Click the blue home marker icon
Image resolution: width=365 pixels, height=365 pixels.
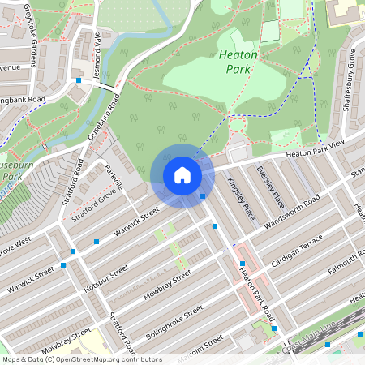182,175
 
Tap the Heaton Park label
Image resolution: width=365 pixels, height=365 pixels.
238,62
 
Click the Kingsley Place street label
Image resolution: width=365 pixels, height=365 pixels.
241,198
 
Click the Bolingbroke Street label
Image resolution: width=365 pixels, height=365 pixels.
174,320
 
